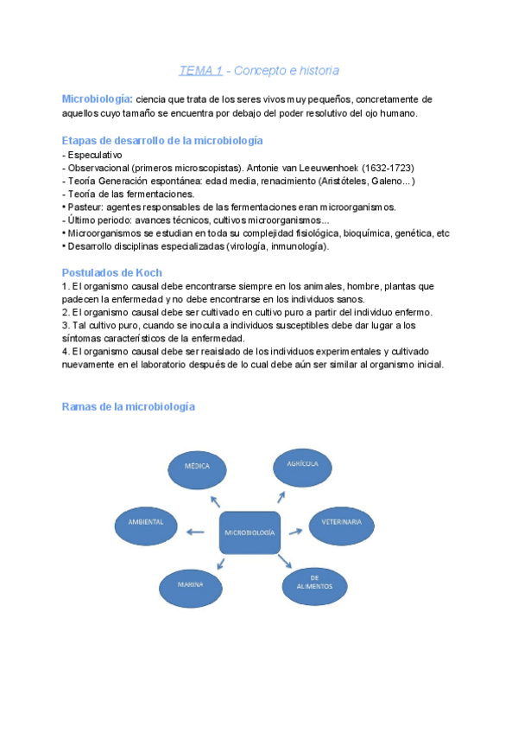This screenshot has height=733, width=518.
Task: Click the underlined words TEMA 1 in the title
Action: coord(199,70)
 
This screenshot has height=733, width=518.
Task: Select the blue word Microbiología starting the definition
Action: coord(97,99)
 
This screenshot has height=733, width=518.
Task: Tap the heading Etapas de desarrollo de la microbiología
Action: coord(162,140)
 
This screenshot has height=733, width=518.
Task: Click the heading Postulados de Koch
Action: coord(111,272)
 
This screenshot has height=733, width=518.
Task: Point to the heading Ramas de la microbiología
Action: coord(128,406)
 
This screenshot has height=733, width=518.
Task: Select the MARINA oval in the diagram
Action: coord(191,585)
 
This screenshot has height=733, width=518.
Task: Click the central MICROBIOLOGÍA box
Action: coord(250,532)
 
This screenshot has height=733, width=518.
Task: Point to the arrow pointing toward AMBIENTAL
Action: coord(196,532)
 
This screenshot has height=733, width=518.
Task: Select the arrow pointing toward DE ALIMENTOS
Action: coord(285,561)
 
